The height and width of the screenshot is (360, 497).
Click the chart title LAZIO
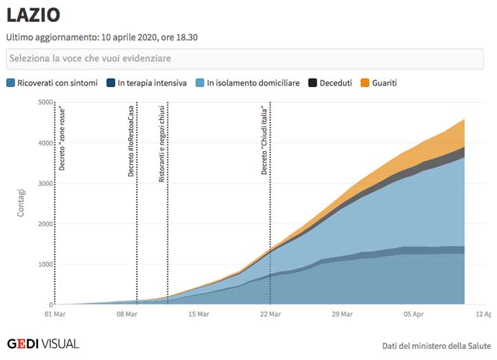click(x=33, y=14)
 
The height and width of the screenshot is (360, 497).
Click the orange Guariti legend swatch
click(x=366, y=83)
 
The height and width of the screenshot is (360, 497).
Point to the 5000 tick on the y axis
click(x=46, y=103)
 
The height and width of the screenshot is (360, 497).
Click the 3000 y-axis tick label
click(x=46, y=183)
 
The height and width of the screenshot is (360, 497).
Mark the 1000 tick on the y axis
click(x=46, y=264)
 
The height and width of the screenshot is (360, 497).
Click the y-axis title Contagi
click(x=21, y=203)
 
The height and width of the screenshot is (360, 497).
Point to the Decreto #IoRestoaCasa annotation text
click(x=131, y=141)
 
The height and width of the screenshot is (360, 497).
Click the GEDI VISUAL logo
click(x=43, y=343)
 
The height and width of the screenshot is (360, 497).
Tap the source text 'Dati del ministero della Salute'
click(x=436, y=346)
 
